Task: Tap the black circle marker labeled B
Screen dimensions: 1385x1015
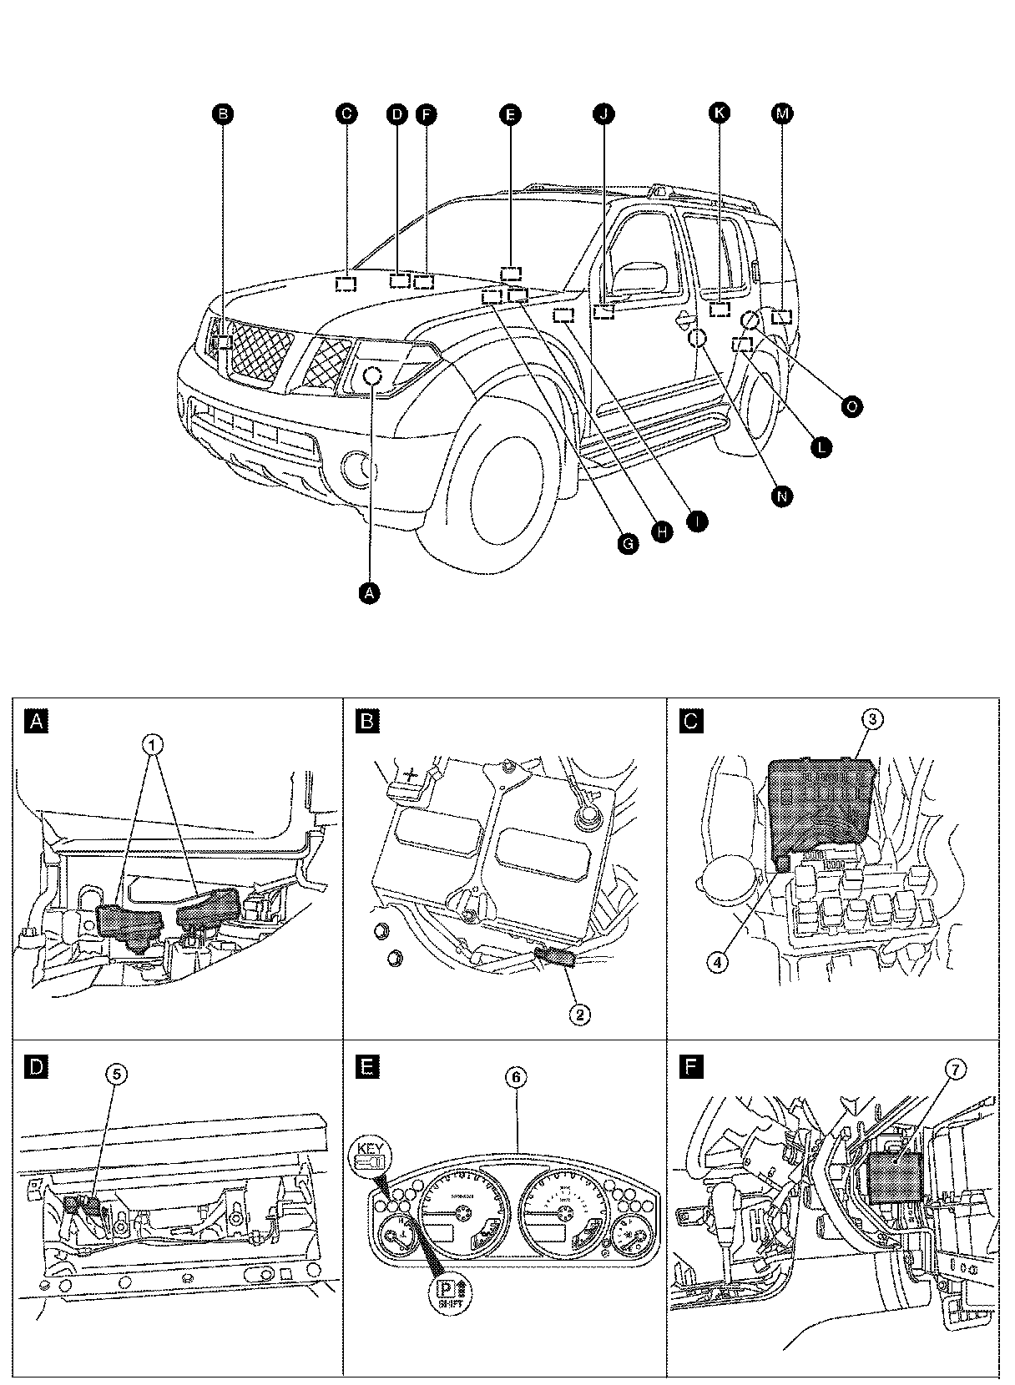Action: point(221,113)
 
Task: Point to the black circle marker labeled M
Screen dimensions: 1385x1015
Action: point(781,113)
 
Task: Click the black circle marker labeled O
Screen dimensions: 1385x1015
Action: point(851,406)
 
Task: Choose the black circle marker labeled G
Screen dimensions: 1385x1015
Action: point(628,544)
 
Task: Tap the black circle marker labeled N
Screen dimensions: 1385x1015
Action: point(781,496)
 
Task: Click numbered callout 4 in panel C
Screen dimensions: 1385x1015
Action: point(718,961)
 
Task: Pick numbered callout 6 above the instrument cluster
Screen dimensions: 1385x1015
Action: point(517,1077)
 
